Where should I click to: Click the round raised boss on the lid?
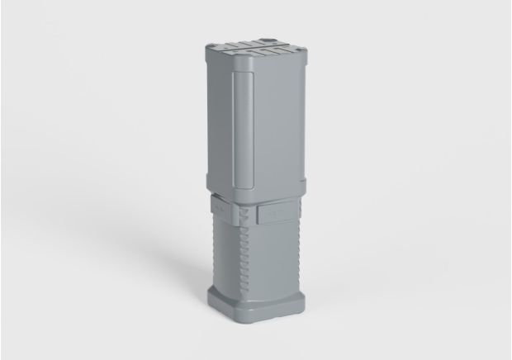coord(267,38)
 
